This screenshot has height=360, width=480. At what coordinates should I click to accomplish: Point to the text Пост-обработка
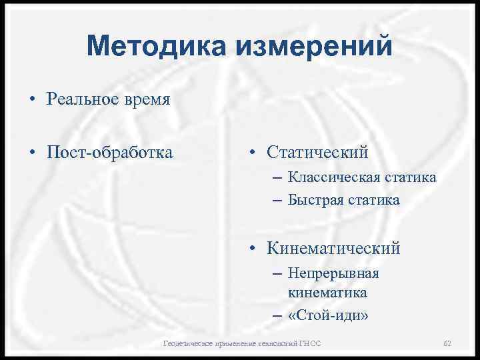tap(109, 153)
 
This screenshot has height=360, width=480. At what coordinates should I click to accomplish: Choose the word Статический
tap(317, 153)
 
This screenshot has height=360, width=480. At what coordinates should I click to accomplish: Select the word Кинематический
tap(333, 249)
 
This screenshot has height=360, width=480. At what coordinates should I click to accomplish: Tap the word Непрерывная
tap(333, 273)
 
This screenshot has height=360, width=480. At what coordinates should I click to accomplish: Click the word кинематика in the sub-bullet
tap(327, 293)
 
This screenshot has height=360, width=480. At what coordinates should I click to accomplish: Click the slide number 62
tap(447, 343)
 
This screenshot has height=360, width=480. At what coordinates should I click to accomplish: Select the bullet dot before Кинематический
tap(253, 249)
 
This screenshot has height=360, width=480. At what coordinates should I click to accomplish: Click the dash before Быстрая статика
tap(277, 199)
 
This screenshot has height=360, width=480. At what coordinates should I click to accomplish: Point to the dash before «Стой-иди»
tap(277, 315)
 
